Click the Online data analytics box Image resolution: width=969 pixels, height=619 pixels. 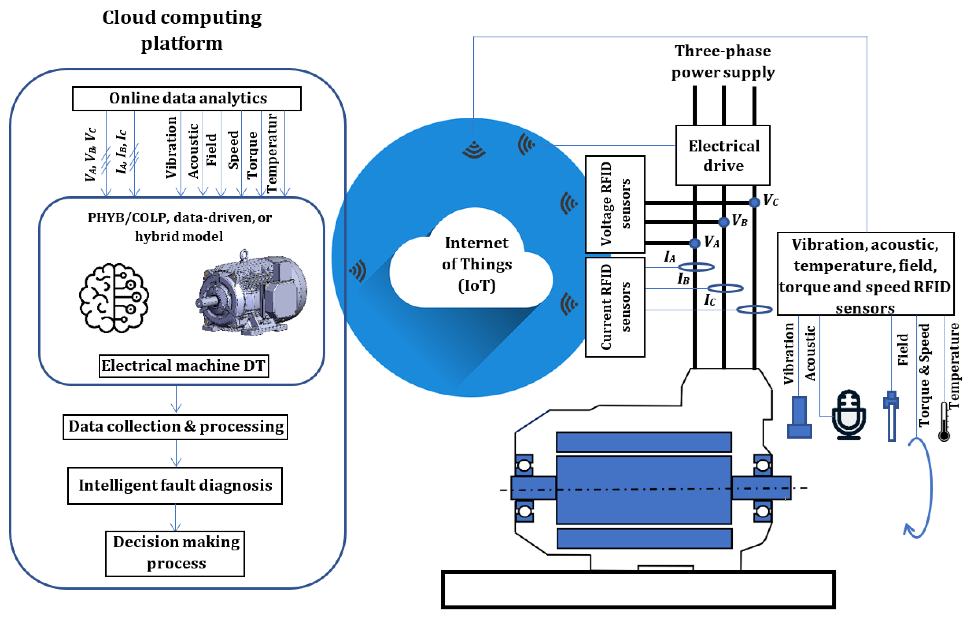click(187, 99)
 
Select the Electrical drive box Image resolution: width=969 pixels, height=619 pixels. click(723, 155)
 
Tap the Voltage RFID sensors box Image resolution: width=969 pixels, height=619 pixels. click(615, 204)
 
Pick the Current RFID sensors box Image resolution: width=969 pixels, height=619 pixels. click(615, 307)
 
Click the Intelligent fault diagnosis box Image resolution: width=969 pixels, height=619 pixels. click(175, 485)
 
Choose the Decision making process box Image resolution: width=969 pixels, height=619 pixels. click(175, 553)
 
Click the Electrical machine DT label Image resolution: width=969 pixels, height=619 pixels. click(184, 366)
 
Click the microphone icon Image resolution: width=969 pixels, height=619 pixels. click(849, 415)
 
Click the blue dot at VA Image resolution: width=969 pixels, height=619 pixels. click(694, 243)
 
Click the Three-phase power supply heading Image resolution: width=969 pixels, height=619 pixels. click(723, 61)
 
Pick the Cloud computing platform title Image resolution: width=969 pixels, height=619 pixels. click(182, 30)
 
